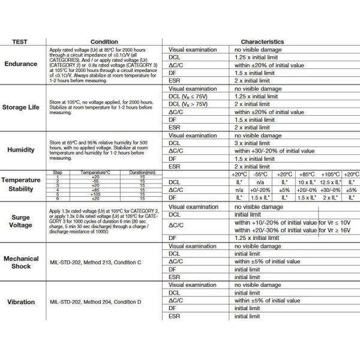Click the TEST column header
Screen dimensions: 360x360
[x=23, y=42]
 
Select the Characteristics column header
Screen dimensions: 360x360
[x=259, y=42]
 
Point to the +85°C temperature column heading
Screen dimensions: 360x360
[x=306, y=174]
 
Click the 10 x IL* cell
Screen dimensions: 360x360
[x=306, y=182]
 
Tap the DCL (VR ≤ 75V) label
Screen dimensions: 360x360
[x=189, y=96]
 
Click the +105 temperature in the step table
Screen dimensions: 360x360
[x=95, y=194]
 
